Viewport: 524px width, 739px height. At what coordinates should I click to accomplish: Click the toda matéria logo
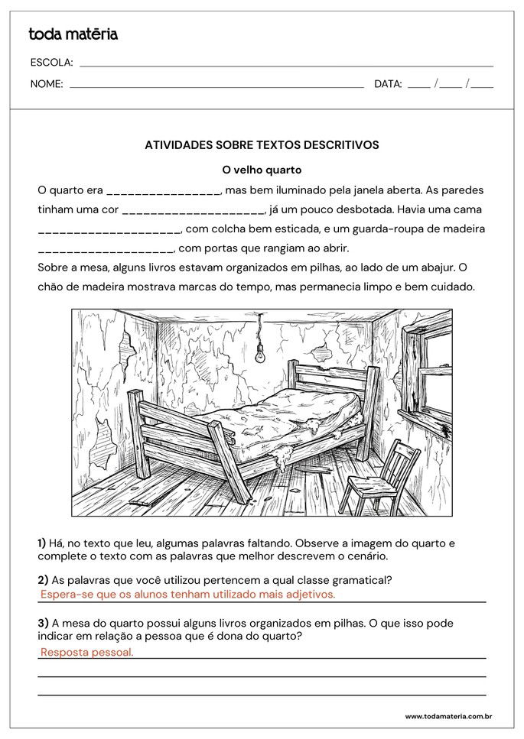[73, 34]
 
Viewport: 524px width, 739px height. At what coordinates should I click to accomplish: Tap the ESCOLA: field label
[51, 63]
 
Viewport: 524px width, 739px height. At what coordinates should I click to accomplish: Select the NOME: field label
[47, 84]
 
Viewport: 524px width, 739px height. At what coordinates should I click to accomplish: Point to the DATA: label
[388, 84]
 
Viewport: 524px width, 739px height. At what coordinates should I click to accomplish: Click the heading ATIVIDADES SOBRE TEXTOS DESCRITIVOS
[262, 144]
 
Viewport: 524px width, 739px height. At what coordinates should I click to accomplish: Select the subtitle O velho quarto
[262, 170]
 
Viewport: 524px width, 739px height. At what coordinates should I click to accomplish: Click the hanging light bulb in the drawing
[259, 353]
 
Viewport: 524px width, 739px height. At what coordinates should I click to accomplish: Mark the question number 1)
[43, 543]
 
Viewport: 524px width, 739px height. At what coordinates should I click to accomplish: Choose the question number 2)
[43, 579]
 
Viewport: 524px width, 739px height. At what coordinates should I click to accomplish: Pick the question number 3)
[43, 623]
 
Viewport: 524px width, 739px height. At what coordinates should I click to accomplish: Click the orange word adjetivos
[308, 594]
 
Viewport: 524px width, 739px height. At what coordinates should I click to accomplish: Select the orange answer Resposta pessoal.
[86, 652]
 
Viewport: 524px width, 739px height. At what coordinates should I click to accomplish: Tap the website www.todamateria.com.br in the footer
[448, 716]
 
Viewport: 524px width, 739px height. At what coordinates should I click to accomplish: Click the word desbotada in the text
[360, 209]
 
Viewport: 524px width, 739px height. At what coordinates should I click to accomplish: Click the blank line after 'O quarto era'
[164, 191]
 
